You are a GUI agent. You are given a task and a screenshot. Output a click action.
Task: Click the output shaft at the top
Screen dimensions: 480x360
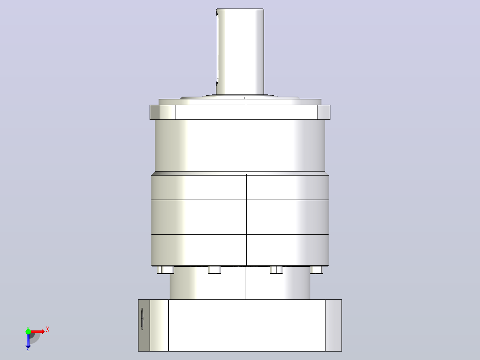pyautogui.click(x=240, y=52)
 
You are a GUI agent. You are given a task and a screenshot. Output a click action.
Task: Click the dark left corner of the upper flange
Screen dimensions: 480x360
pyautogui.click(x=155, y=112)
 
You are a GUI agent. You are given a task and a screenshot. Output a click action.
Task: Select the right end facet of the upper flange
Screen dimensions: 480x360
pyautogui.click(x=324, y=112)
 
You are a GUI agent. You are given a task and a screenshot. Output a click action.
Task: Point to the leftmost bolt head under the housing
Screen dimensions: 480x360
pyautogui.click(x=165, y=270)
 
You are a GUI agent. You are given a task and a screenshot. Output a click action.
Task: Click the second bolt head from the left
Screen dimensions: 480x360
pyautogui.click(x=214, y=270)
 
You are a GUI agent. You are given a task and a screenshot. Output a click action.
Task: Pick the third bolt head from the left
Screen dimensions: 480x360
pyautogui.click(x=276, y=270)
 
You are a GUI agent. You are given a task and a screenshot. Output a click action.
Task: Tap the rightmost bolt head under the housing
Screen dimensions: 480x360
pyautogui.click(x=317, y=270)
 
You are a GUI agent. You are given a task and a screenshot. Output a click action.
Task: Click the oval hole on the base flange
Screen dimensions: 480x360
pyautogui.click(x=142, y=319)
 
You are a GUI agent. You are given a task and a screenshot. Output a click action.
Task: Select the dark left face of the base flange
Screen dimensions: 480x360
pyautogui.click(x=144, y=325)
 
